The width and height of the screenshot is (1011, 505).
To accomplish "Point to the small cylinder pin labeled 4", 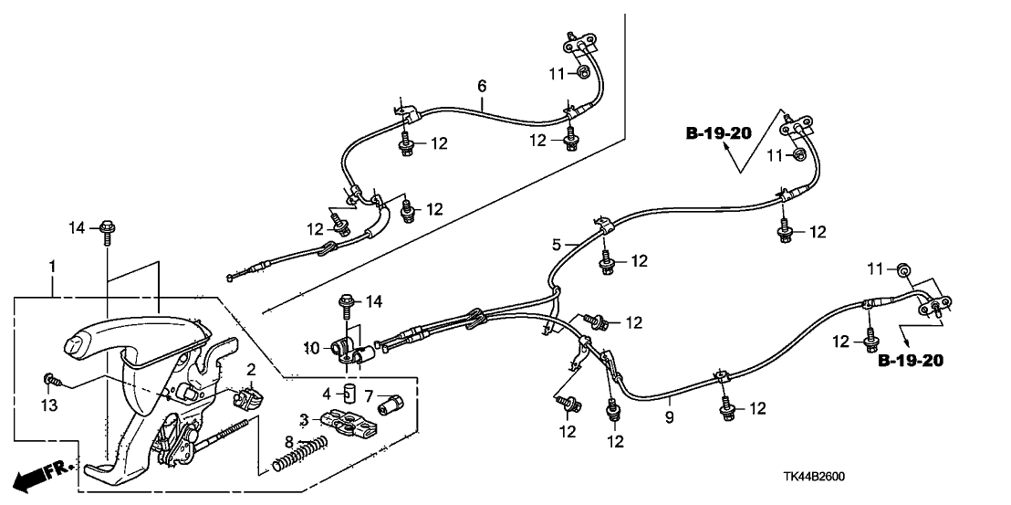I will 347,395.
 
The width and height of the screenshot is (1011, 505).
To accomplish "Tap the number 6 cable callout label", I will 482,86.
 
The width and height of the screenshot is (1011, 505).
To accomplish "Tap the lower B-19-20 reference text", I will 911,361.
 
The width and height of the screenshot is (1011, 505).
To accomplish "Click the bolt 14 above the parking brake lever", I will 106,228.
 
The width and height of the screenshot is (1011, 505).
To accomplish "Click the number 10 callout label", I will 311,348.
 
